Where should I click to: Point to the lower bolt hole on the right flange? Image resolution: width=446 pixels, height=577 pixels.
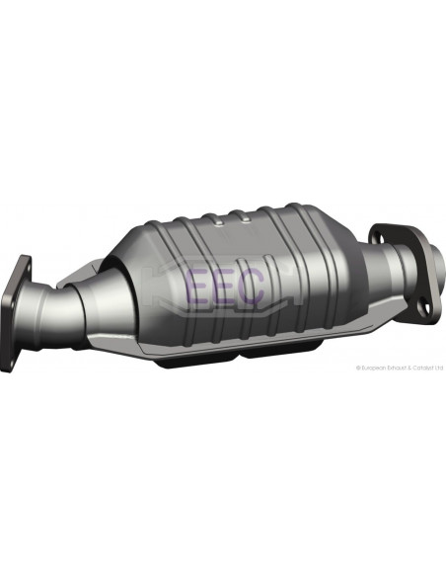(424, 307)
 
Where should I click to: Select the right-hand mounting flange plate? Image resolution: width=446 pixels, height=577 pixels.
(399, 272)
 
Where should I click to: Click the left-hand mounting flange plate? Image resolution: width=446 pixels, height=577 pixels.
(15, 314)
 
